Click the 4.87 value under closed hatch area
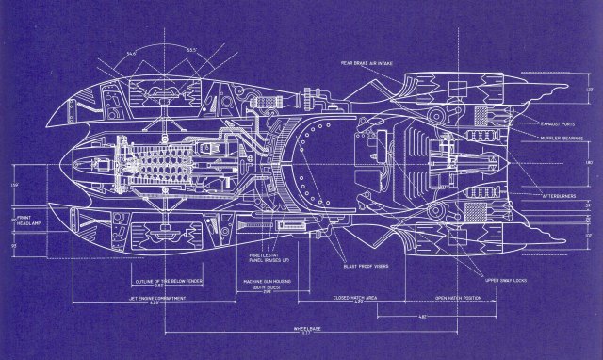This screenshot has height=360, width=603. tap(359, 304)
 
